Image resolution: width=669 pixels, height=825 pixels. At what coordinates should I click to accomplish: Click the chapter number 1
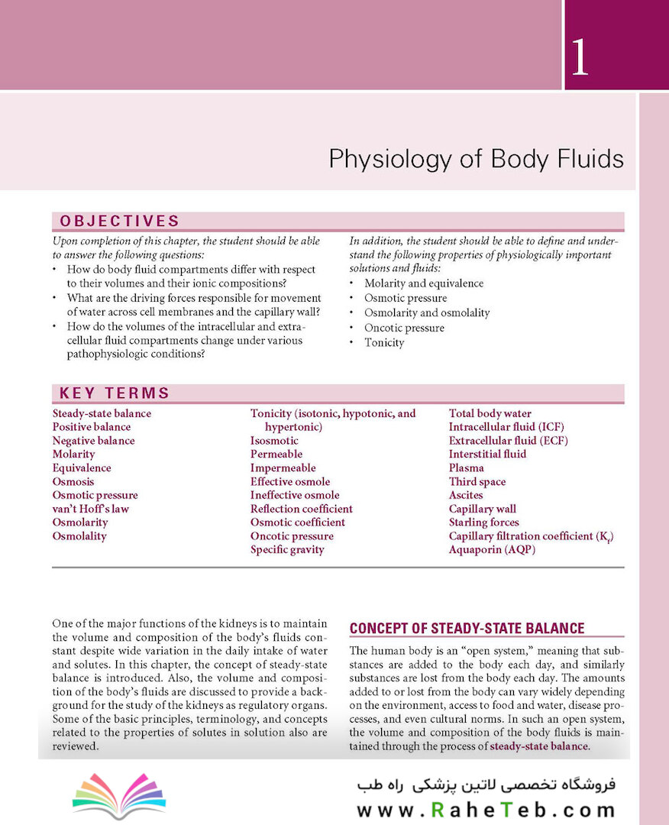coord(580,58)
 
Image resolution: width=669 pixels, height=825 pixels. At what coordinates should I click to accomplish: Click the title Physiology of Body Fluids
coord(476,159)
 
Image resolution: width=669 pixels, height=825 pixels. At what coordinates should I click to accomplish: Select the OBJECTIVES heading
coord(119,222)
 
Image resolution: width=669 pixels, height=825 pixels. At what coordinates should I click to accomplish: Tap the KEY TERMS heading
coord(114,393)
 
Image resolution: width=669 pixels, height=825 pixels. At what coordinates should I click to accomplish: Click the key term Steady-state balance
coord(102,413)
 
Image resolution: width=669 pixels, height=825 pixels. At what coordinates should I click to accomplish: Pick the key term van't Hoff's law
coord(90,509)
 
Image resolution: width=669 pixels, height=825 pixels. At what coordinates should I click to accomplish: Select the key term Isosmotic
coord(274,441)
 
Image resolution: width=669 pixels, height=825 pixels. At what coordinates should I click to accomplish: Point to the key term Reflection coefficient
coord(301,509)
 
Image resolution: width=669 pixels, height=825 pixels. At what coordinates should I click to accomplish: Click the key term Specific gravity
coord(287,549)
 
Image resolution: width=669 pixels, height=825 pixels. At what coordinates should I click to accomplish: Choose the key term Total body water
coord(490,413)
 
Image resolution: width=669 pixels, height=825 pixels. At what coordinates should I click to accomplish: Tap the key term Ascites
coord(466,495)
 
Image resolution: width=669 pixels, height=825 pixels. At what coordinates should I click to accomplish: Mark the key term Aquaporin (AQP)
coord(492,549)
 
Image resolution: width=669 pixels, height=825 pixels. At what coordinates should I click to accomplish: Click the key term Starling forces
coord(483,522)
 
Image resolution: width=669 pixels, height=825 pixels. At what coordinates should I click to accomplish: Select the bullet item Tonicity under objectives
coord(384,342)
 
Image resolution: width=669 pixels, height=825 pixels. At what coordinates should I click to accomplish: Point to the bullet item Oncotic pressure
coord(404,328)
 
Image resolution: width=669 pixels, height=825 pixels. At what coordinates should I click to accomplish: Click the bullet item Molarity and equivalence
coord(424,283)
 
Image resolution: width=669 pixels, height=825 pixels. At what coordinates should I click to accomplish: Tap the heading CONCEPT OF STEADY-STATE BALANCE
coord(467,629)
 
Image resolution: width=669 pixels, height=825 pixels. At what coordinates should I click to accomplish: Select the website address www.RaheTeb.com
coord(485,810)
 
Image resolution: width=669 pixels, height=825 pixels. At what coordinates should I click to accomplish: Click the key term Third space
coord(477,481)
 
